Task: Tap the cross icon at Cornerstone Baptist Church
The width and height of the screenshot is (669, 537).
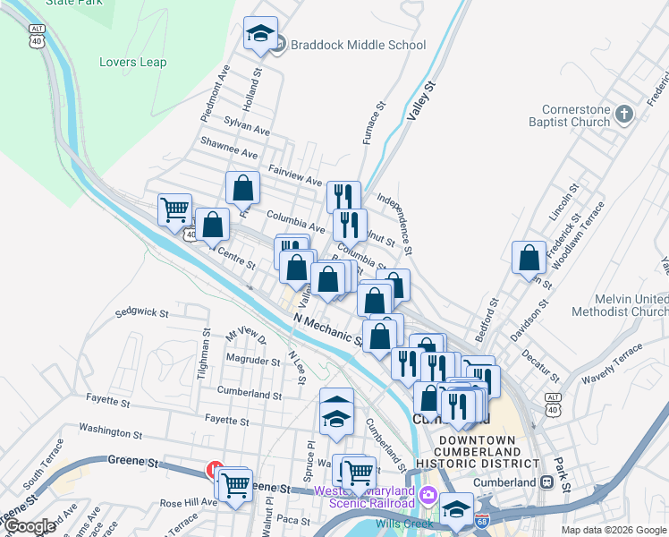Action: (x=624, y=115)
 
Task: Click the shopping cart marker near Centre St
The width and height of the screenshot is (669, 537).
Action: (x=174, y=210)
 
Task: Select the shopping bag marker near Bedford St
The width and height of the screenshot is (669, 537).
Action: (x=529, y=258)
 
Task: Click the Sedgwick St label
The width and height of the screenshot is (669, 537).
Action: (x=142, y=313)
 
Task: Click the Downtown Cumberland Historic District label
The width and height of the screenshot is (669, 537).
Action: (x=487, y=452)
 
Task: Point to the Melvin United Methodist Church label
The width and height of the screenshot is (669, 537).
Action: (x=631, y=305)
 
